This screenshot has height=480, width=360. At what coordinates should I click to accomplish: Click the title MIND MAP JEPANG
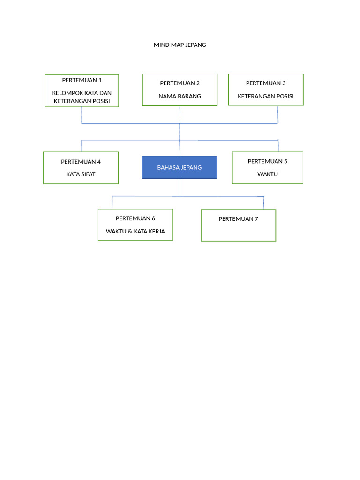(x=180, y=45)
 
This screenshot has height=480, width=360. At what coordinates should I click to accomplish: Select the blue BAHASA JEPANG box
(x=180, y=167)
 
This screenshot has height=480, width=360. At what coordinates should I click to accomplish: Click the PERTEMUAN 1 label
(x=82, y=80)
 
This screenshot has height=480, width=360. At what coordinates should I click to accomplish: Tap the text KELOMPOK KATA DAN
(x=82, y=93)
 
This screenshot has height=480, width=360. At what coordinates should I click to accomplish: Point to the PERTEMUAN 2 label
(x=180, y=83)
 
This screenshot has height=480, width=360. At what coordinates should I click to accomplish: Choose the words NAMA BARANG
(x=180, y=96)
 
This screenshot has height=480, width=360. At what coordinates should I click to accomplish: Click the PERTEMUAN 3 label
(x=266, y=83)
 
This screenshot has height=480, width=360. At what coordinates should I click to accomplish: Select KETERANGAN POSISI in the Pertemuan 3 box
(x=266, y=96)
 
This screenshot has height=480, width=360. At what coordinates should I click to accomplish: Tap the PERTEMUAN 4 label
(x=81, y=162)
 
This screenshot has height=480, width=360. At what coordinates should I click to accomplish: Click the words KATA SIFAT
(x=81, y=174)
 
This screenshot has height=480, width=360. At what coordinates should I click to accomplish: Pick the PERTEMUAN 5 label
(x=268, y=161)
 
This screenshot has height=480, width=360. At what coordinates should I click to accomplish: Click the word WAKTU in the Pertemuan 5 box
(x=268, y=174)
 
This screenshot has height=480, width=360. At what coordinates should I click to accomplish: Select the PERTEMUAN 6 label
(x=135, y=218)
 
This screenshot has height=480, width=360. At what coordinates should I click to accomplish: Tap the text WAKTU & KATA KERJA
(x=135, y=231)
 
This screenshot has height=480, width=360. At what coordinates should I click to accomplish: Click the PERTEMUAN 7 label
(x=238, y=219)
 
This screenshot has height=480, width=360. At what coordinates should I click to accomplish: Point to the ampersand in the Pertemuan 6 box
(x=130, y=231)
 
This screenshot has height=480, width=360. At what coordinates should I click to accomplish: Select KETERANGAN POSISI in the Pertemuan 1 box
(x=82, y=101)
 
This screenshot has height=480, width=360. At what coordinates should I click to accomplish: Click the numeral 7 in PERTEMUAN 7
(x=256, y=219)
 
